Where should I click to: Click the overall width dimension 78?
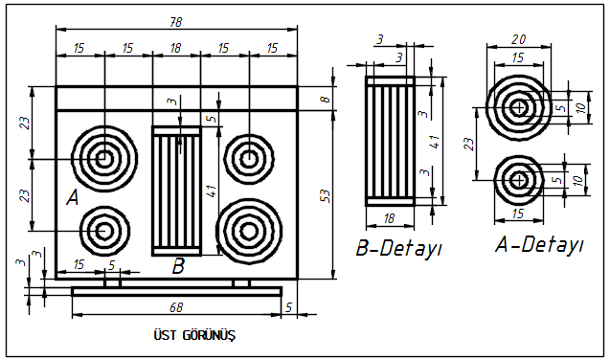pyautogui.click(x=176, y=22)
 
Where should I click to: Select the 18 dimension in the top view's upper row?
pyautogui.click(x=175, y=48)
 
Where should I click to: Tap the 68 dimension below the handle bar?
pyautogui.click(x=176, y=307)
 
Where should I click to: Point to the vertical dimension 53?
pyautogui.click(x=326, y=195)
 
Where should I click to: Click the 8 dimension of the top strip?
pyautogui.click(x=326, y=99)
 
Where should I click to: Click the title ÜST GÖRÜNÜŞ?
pyautogui.click(x=194, y=335)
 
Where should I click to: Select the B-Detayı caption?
pyautogui.click(x=399, y=248)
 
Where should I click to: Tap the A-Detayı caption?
pyautogui.click(x=539, y=245)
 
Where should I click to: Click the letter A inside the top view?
pyautogui.click(x=73, y=197)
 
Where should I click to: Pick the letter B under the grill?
pyautogui.click(x=178, y=266)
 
